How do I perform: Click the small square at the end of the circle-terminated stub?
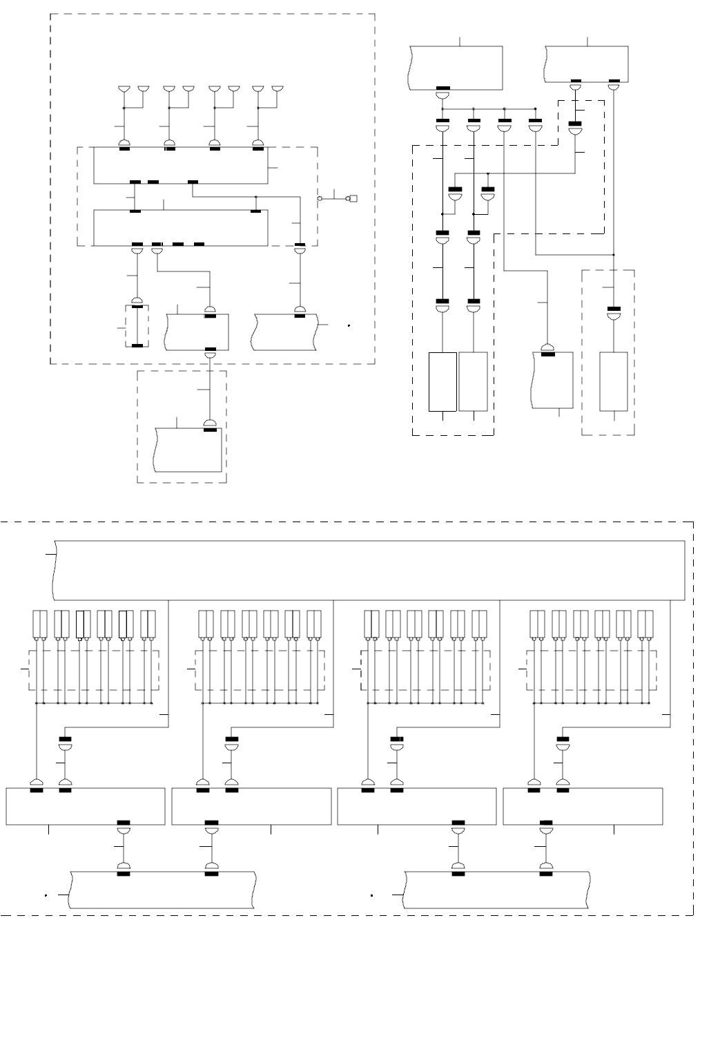(x=353, y=199)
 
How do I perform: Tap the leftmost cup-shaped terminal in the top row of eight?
(x=124, y=89)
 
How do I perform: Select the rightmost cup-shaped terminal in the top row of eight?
(x=278, y=89)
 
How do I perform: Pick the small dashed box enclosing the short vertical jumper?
(x=137, y=325)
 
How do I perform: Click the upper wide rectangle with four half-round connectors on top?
(x=180, y=165)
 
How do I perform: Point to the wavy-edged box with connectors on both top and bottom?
(x=198, y=332)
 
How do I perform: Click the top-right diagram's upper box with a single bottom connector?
(x=456, y=67)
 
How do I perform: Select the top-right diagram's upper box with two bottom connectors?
(x=587, y=64)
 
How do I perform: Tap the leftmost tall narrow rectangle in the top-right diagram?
(x=442, y=381)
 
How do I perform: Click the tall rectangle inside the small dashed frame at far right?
(x=614, y=381)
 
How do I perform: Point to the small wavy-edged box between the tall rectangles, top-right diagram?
(x=554, y=381)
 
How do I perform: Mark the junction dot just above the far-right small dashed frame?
(x=614, y=255)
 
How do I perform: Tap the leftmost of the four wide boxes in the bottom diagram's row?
(x=86, y=805)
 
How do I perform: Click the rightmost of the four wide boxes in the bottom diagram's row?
(x=583, y=805)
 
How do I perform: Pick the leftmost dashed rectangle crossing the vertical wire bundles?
(x=94, y=669)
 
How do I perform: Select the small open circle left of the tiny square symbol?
(x=320, y=199)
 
